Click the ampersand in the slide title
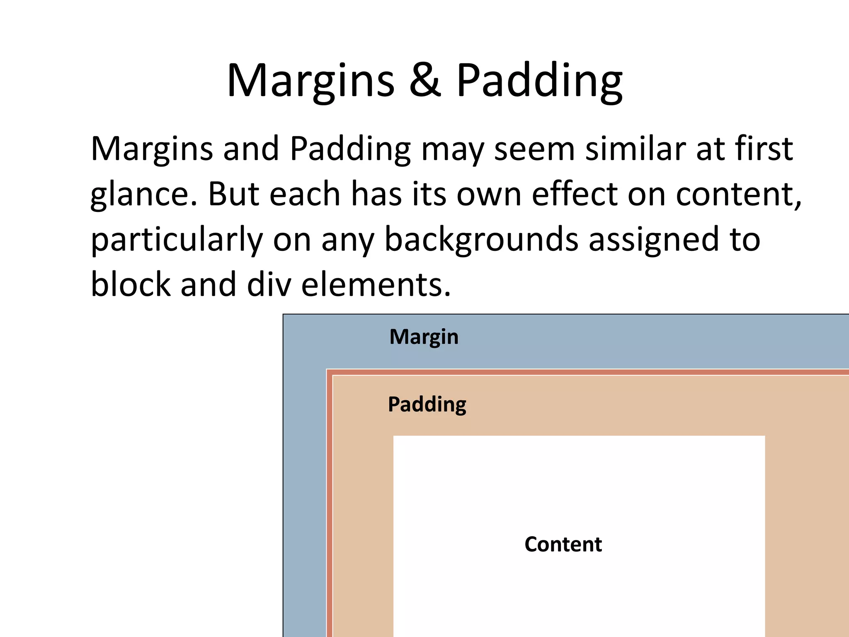(x=425, y=80)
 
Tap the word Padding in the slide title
(x=539, y=80)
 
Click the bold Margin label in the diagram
(x=424, y=337)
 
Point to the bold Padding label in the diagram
(x=427, y=404)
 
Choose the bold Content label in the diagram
(x=563, y=544)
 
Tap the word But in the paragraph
(x=233, y=194)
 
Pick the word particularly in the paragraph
(x=177, y=240)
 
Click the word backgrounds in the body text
(x=481, y=240)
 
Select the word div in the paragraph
(x=269, y=284)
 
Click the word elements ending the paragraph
(x=375, y=284)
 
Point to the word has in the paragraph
(x=376, y=194)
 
